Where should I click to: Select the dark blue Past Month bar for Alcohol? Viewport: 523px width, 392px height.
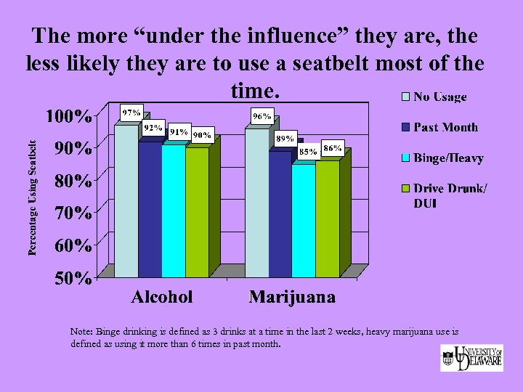(150, 210)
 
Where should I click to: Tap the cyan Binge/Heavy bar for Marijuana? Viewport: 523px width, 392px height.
(304, 221)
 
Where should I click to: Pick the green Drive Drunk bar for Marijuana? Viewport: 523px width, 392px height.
(328, 219)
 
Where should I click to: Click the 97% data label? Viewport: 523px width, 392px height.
(131, 113)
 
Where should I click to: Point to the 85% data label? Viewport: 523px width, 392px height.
(308, 152)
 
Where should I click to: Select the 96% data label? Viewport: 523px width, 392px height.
(261, 116)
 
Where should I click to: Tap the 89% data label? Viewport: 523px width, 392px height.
(285, 138)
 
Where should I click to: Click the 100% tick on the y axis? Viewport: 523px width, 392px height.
(69, 116)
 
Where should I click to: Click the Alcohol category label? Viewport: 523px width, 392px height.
(162, 297)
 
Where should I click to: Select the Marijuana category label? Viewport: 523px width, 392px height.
(292, 297)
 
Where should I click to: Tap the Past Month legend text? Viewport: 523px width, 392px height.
(445, 127)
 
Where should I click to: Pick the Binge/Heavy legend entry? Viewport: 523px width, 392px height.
(442, 158)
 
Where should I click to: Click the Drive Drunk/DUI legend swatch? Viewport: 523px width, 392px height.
(407, 189)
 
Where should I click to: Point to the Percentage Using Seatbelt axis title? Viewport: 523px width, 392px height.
(33, 197)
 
